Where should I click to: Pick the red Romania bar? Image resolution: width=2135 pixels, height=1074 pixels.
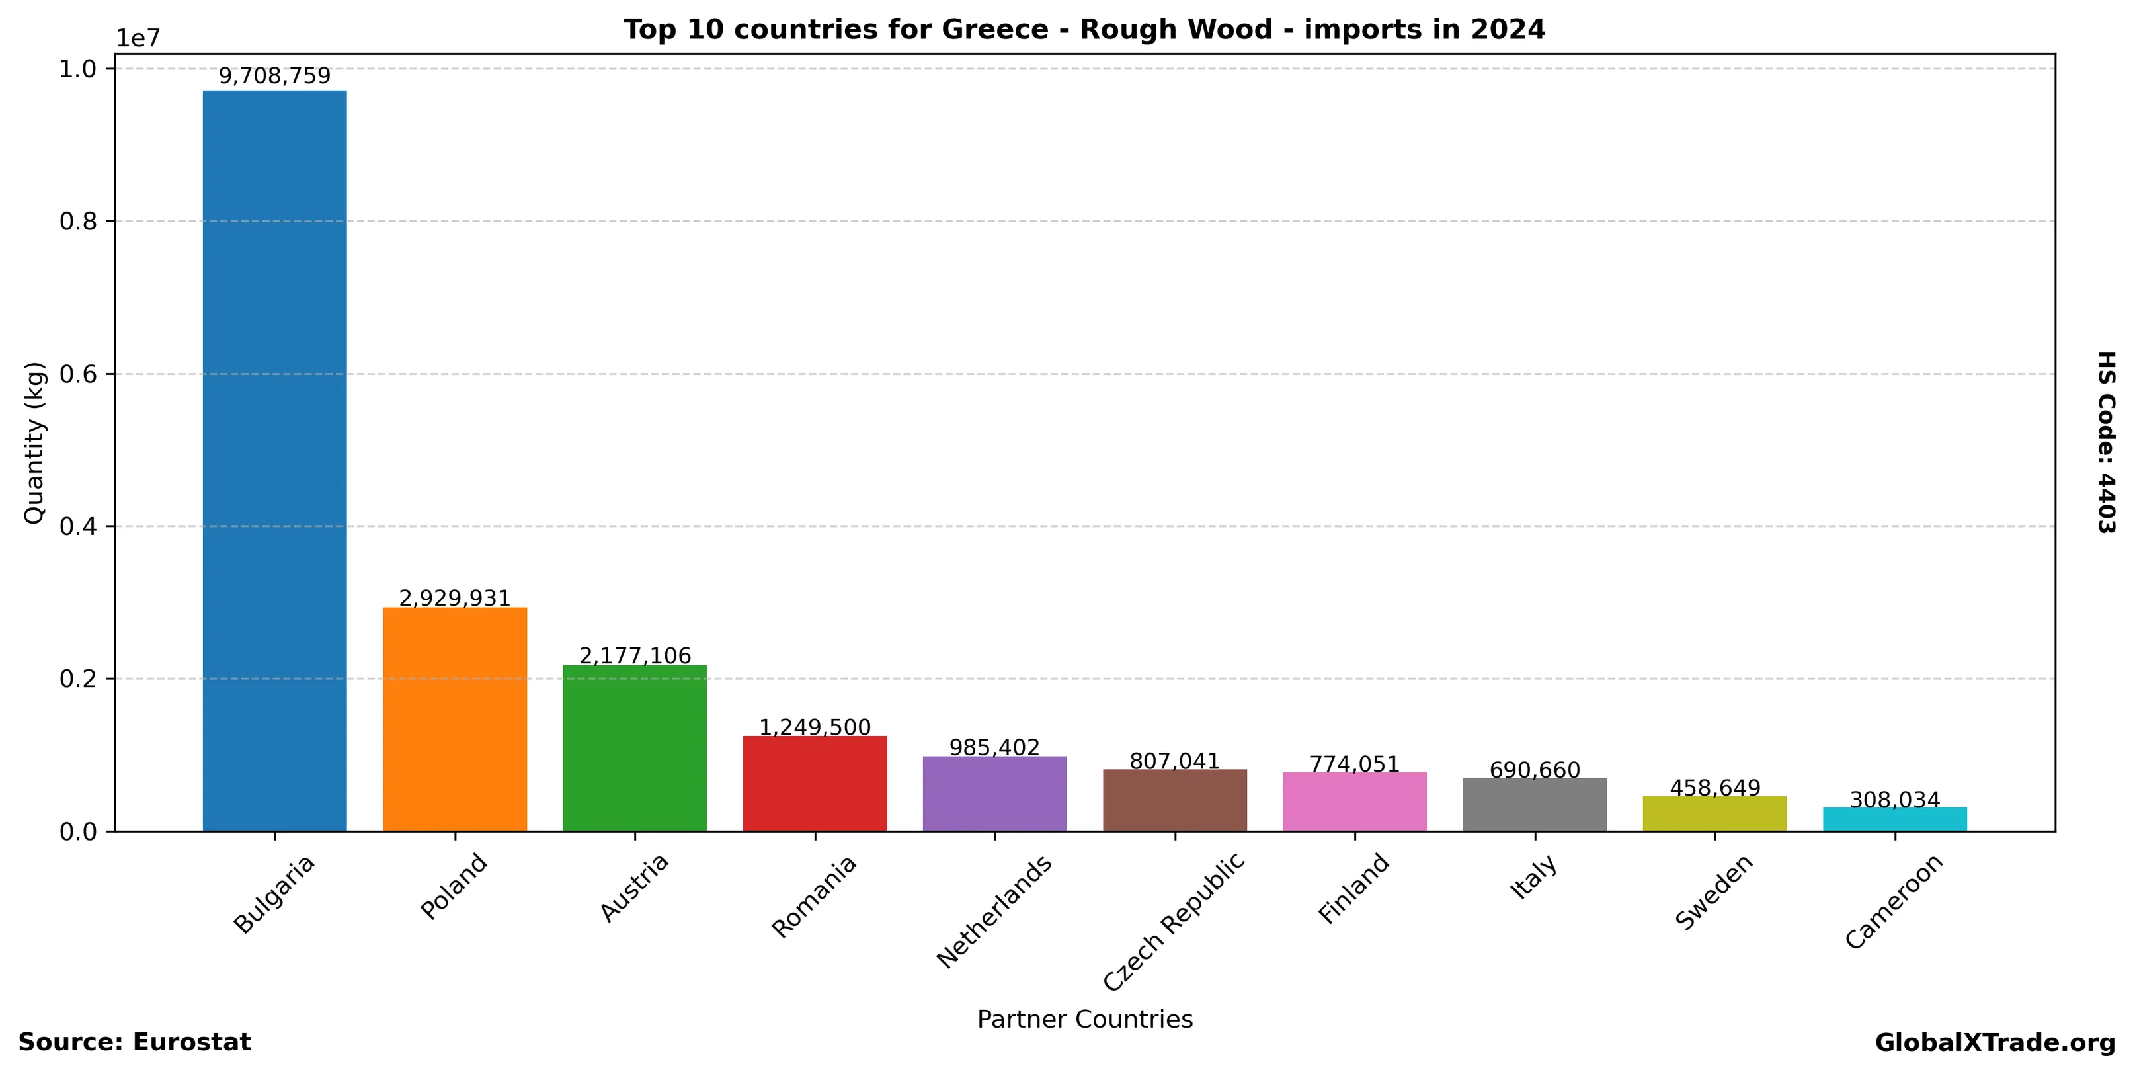pyautogui.click(x=815, y=783)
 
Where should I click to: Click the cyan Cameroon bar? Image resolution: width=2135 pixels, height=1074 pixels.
pyautogui.click(x=1894, y=819)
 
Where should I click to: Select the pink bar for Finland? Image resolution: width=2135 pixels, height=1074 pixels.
pyautogui.click(x=1354, y=802)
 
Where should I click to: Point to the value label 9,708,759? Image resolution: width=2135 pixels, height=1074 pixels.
pyautogui.click(x=274, y=76)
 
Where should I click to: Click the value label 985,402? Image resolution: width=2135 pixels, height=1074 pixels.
pyautogui.click(x=994, y=747)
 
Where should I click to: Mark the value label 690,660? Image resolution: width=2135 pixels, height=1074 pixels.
pyautogui.click(x=1535, y=770)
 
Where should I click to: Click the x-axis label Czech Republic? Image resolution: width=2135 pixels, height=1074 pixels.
pyautogui.click(x=1174, y=921)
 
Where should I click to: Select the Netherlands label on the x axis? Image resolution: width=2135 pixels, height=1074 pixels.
pyautogui.click(x=994, y=911)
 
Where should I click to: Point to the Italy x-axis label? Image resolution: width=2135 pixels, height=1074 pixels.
pyautogui.click(x=1533, y=877)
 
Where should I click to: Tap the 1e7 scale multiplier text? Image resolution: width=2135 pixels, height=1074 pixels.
pyautogui.click(x=138, y=38)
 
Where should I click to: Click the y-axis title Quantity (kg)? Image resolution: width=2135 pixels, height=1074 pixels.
pyautogui.click(x=34, y=442)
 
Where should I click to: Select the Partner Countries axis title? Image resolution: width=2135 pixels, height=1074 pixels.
pyautogui.click(x=1084, y=1018)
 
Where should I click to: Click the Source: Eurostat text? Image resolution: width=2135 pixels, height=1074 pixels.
pyautogui.click(x=134, y=1042)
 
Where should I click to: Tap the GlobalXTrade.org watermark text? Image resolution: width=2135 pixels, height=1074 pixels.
pyautogui.click(x=1994, y=1042)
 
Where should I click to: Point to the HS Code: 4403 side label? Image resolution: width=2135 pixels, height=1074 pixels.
pyautogui.click(x=2106, y=442)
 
